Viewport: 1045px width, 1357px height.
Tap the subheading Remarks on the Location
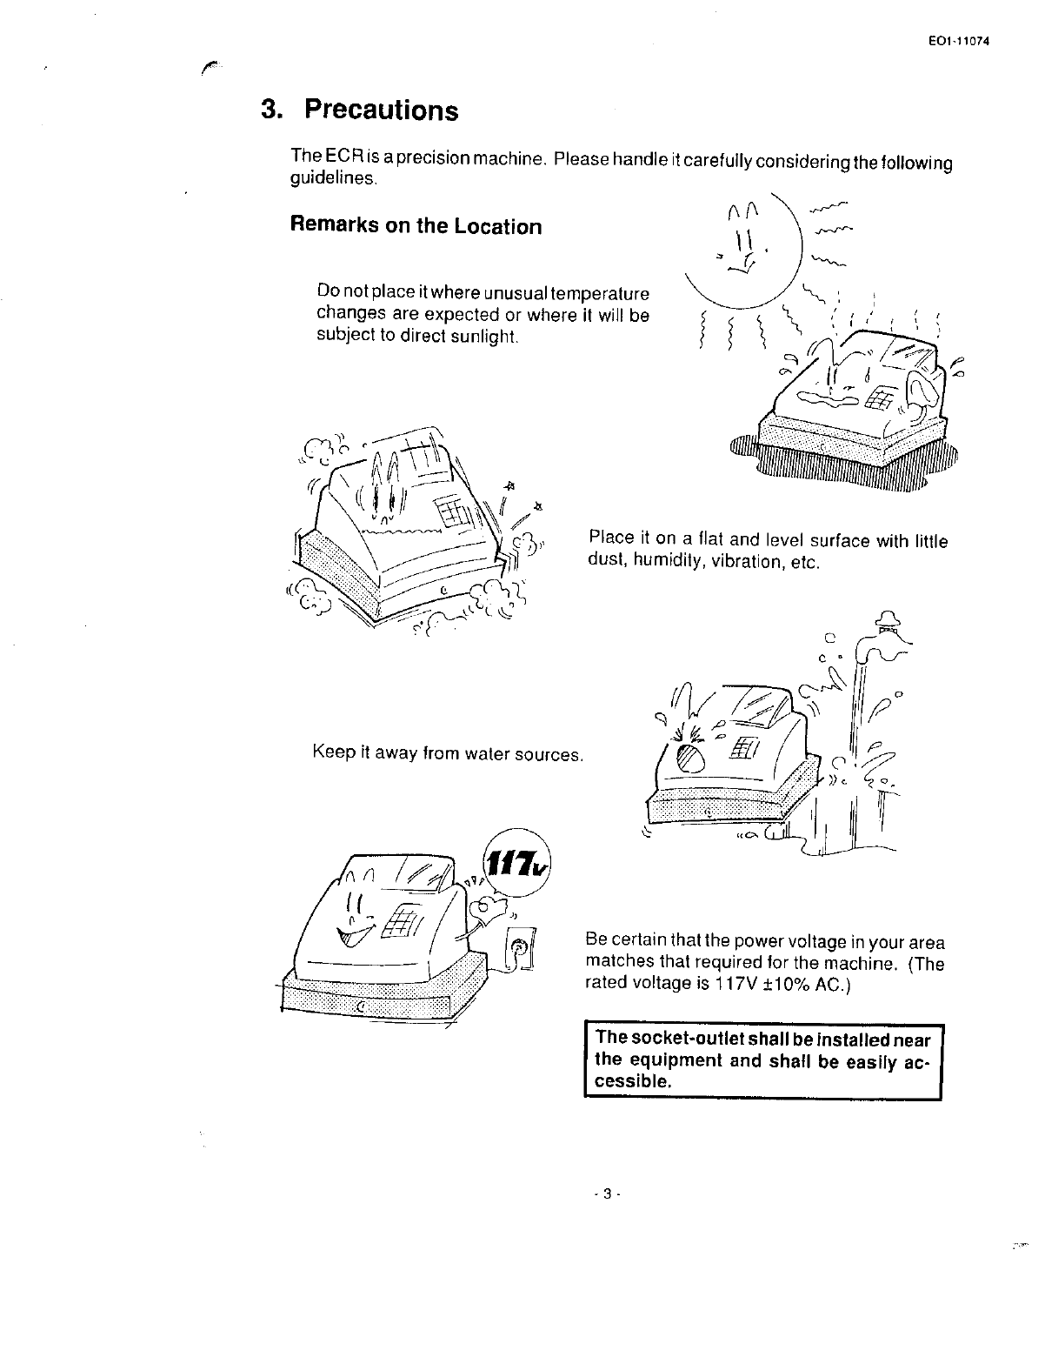pyautogui.click(x=415, y=226)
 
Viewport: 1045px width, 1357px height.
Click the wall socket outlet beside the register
pyautogui.click(x=520, y=952)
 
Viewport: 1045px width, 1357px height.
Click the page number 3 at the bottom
pyautogui.click(x=599, y=1193)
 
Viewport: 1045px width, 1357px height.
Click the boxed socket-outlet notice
pyautogui.click(x=762, y=1060)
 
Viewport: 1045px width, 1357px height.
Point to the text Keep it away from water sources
pyautogui.click(x=447, y=753)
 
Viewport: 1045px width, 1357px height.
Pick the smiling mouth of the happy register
pyautogui.click(x=356, y=933)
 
